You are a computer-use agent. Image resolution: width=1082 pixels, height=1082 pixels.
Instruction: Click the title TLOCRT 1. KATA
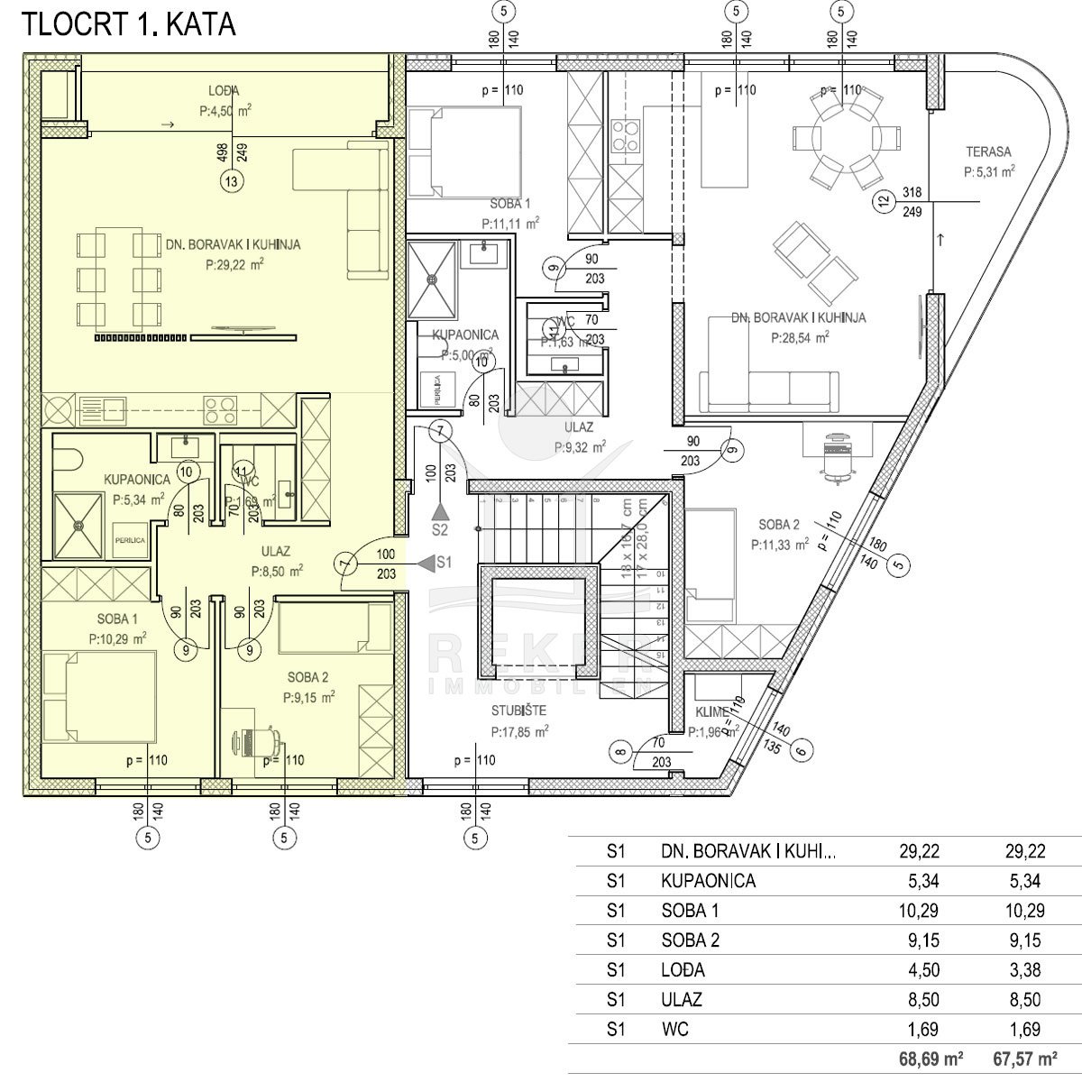coord(128,24)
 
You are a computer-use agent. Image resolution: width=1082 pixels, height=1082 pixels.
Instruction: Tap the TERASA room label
coord(988,152)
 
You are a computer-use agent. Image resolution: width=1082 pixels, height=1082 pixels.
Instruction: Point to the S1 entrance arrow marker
coord(433,563)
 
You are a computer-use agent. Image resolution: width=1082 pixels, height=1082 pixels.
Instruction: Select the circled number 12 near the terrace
coord(883,202)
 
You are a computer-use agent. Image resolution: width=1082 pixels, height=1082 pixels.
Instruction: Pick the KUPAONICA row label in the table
coord(708,881)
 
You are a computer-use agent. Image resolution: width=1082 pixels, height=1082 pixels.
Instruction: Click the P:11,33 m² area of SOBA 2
coord(778,545)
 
